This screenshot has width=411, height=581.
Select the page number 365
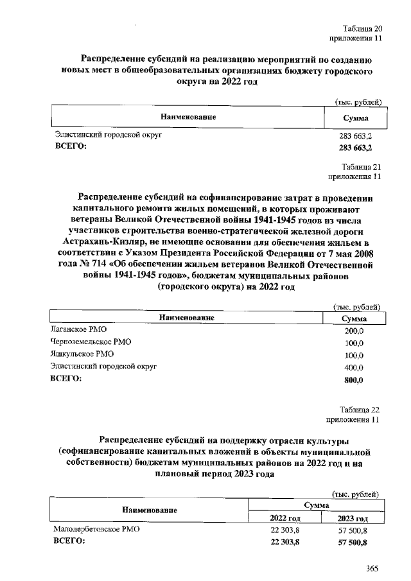point(372,568)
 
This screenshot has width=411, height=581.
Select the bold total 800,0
point(354,379)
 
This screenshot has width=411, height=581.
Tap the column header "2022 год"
point(285,517)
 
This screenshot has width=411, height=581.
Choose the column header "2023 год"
point(352,517)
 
